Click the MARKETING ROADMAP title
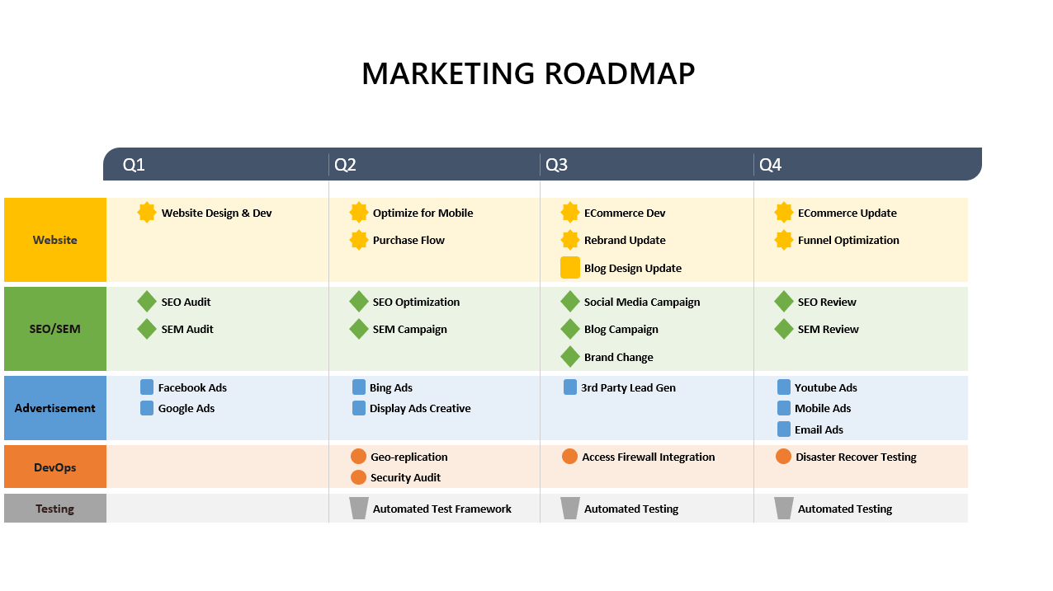click(x=528, y=73)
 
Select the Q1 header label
click(x=134, y=165)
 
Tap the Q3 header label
click(x=557, y=165)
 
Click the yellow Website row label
click(x=55, y=240)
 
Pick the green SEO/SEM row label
click(x=55, y=329)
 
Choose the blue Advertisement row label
click(x=55, y=408)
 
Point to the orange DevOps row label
click(x=55, y=467)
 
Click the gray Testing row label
click(x=55, y=509)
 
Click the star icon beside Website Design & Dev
click(x=147, y=213)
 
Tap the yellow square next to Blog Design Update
click(x=570, y=268)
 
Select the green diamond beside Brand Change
click(x=570, y=357)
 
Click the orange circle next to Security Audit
click(x=358, y=477)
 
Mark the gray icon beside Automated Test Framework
click(x=359, y=509)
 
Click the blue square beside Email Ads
click(x=784, y=429)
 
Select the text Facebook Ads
click(x=192, y=387)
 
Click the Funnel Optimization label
click(x=848, y=240)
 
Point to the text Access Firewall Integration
click(x=649, y=457)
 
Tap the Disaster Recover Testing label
click(x=856, y=457)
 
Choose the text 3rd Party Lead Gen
click(x=628, y=387)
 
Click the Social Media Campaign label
click(x=642, y=302)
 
